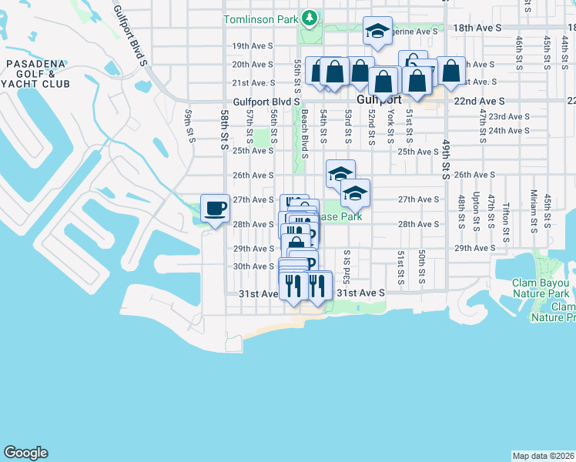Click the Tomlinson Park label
tap(260, 18)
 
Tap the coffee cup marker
tap(215, 207)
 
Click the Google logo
tap(25, 453)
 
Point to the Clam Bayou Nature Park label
tap(541, 288)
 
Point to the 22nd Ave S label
tap(479, 101)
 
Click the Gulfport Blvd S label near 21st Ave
tap(266, 101)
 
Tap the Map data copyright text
tap(543, 456)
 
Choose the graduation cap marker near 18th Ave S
tap(377, 32)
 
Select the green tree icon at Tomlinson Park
tap(310, 16)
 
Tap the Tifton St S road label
tap(506, 217)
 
